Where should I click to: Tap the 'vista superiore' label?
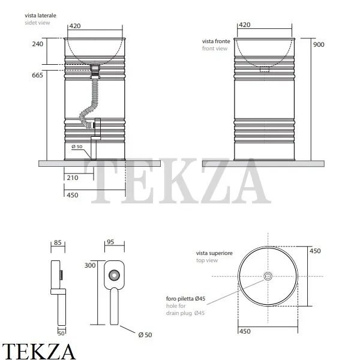[211, 254]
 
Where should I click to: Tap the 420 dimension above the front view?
[245, 25]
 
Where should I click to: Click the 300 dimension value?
[90, 265]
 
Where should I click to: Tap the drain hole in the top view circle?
[268, 276]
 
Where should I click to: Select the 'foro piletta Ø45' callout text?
[186, 298]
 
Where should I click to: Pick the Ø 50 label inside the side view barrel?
[77, 148]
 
